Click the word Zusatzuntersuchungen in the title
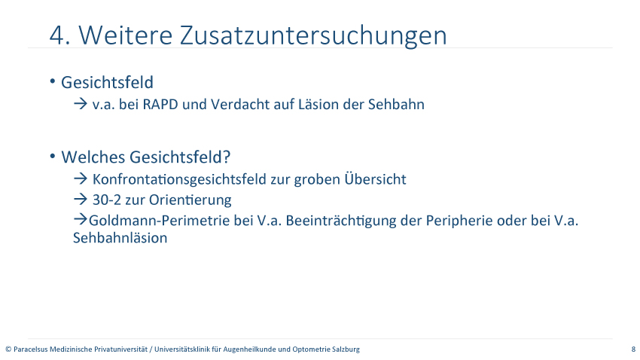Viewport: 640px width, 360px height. [313, 36]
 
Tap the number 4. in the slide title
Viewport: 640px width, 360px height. [59, 35]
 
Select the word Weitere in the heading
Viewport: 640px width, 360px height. [125, 35]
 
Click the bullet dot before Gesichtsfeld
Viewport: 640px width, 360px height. [53, 81]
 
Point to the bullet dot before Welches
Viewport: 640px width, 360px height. [53, 156]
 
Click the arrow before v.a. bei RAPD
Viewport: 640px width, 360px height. [81, 104]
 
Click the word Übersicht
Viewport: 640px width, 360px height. [375, 178]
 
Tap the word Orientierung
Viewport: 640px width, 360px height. [190, 200]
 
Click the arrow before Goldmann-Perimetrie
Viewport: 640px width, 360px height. [81, 220]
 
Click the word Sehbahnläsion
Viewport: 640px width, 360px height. [120, 238]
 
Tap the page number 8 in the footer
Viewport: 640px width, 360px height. [633, 349]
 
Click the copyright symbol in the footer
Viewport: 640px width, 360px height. [8, 349]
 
